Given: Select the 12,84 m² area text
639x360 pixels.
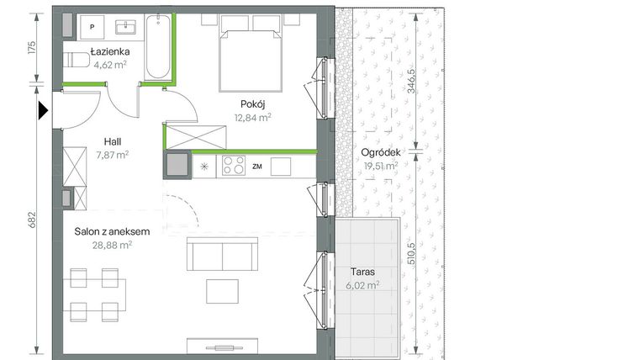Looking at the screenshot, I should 252,118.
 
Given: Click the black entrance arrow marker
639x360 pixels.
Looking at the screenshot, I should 42,109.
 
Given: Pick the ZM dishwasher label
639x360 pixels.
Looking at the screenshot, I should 257,167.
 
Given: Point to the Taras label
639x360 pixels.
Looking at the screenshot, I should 362,273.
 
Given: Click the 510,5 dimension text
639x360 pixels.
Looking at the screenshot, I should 412,251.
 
